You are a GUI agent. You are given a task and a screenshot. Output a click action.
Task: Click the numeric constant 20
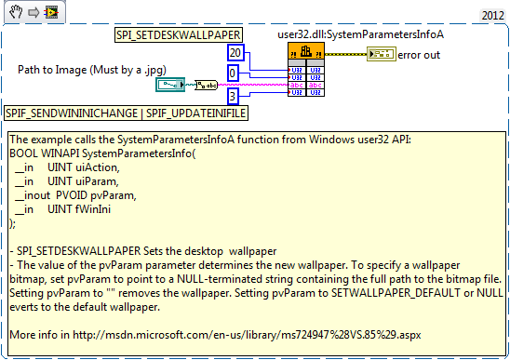[236, 53]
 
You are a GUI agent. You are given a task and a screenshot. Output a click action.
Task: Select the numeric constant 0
[234, 73]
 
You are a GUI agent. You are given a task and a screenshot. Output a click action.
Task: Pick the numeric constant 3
[234, 95]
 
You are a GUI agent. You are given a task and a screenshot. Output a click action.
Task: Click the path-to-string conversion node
[206, 86]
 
